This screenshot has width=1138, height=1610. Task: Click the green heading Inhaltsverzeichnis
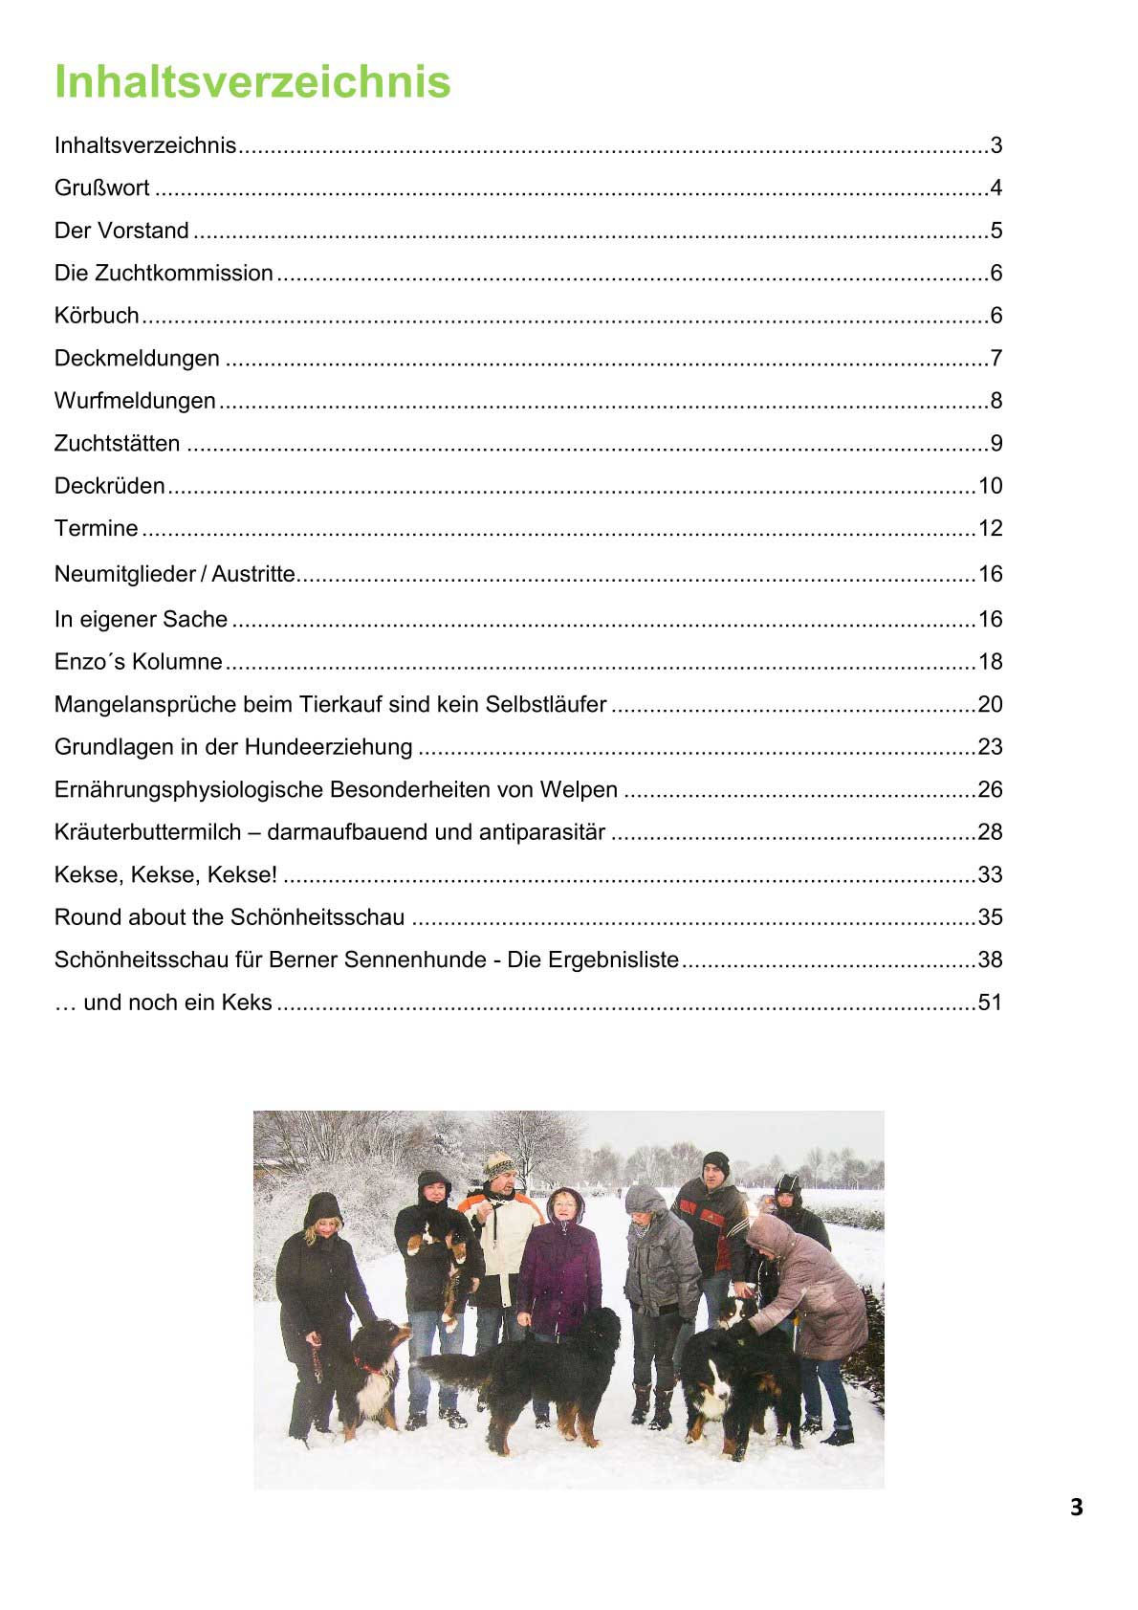252,81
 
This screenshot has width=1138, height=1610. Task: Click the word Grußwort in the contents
101,188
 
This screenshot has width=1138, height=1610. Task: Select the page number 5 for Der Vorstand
996,231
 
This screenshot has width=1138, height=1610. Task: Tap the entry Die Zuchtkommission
164,274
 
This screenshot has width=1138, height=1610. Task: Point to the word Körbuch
97,316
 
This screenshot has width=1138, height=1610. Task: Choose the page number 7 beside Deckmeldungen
996,359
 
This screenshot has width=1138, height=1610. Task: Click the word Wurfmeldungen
135,401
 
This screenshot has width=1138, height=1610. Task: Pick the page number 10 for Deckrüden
990,486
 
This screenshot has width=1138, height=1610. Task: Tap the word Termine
96,528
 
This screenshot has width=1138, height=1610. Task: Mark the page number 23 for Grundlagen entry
990,747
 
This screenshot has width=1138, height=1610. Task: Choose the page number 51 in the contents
990,1003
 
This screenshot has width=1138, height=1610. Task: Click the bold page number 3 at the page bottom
1077,1508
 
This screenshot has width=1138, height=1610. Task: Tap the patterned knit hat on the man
498,1164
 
